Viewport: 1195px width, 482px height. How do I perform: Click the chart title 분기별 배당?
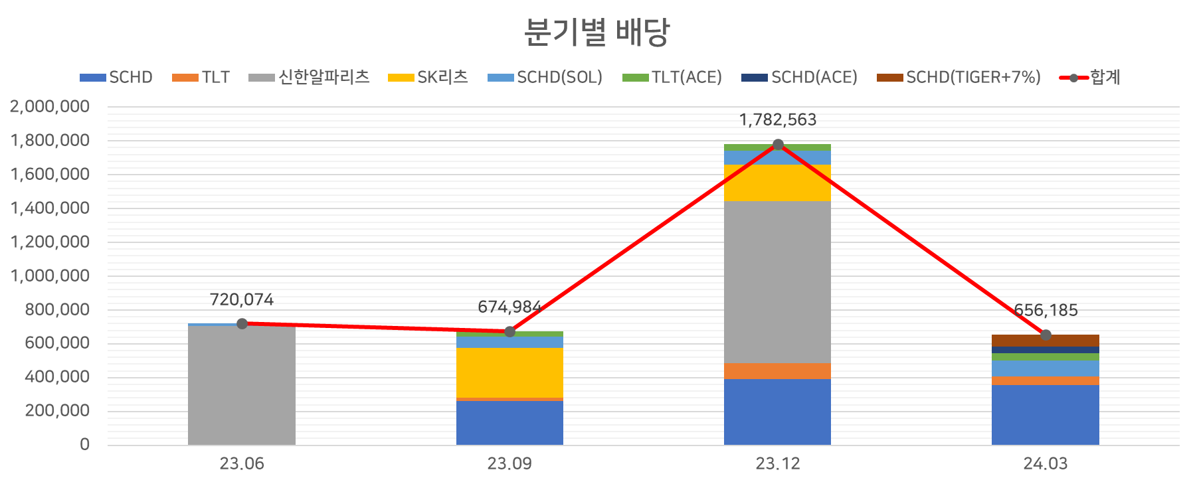click(597, 32)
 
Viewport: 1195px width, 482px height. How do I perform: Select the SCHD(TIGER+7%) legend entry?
click(958, 78)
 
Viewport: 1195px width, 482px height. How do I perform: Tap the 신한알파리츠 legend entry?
click(309, 78)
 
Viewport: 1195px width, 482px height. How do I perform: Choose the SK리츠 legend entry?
click(428, 78)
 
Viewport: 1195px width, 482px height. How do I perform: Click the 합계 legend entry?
click(1090, 78)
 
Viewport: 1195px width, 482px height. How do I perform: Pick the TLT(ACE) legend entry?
click(672, 78)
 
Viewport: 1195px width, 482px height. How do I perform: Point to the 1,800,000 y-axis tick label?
click(50, 140)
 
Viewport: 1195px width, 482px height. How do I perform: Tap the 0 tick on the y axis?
click(84, 443)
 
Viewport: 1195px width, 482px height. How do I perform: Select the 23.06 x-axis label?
click(242, 463)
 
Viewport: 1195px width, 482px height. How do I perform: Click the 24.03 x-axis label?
click(1045, 463)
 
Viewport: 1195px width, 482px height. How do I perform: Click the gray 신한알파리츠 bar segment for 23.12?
click(777, 282)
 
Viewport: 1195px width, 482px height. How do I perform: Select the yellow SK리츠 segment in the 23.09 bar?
click(509, 372)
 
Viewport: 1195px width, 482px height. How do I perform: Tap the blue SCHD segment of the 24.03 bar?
click(1045, 414)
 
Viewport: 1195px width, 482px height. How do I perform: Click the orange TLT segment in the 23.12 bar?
click(777, 371)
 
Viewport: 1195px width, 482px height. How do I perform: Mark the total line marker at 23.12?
click(778, 144)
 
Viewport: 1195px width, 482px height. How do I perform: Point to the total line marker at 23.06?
click(242, 323)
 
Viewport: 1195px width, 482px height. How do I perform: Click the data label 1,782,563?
click(778, 120)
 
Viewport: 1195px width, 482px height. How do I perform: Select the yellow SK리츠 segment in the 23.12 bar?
click(777, 183)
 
